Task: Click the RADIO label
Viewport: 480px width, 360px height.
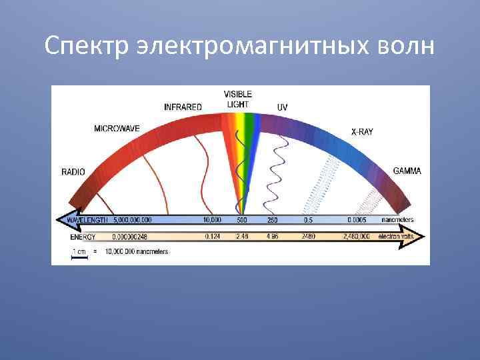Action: [x=73, y=172]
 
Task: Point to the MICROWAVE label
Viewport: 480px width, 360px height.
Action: [x=117, y=129]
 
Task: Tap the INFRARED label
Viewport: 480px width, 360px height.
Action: [x=183, y=107]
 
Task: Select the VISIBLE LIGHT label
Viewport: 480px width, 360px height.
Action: [x=237, y=99]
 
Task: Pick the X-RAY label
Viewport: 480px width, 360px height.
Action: [x=362, y=132]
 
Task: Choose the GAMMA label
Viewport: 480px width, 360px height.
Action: [x=407, y=171]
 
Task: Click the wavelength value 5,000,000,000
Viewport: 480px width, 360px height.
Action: [x=133, y=220]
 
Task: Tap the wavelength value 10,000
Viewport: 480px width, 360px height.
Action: [x=212, y=220]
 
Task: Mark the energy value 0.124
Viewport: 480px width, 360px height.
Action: [x=212, y=237]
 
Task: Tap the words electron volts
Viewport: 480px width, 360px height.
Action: [x=396, y=237]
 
